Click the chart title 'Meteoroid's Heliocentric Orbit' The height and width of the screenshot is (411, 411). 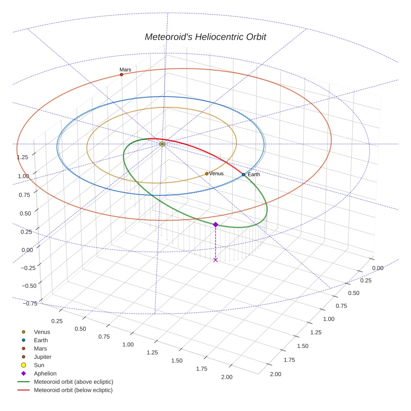click(205, 37)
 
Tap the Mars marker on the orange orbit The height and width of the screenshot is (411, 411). click(122, 75)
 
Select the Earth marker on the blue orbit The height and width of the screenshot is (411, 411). click(244, 175)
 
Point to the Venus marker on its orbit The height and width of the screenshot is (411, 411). click(207, 174)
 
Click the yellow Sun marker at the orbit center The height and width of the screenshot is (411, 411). click(162, 144)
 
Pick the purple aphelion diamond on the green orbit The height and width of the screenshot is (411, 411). click(216, 225)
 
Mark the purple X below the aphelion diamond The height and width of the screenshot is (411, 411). click(216, 260)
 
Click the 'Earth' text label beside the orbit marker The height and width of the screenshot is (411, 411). click(254, 175)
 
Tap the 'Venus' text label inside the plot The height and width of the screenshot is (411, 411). click(216, 174)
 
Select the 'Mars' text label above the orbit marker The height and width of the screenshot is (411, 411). click(125, 70)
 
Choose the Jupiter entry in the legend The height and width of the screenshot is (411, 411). click(43, 357)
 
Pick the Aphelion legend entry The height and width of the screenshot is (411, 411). click(45, 373)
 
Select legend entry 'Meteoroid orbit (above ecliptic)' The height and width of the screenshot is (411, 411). click(74, 382)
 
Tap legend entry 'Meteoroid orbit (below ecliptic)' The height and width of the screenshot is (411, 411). click(73, 390)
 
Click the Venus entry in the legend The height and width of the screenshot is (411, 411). click(42, 332)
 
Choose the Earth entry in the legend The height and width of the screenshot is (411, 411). click(41, 340)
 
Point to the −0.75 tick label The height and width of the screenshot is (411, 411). click(28, 303)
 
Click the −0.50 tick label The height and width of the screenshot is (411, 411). click(28, 286)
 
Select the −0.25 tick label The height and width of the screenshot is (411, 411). click(28, 268)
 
